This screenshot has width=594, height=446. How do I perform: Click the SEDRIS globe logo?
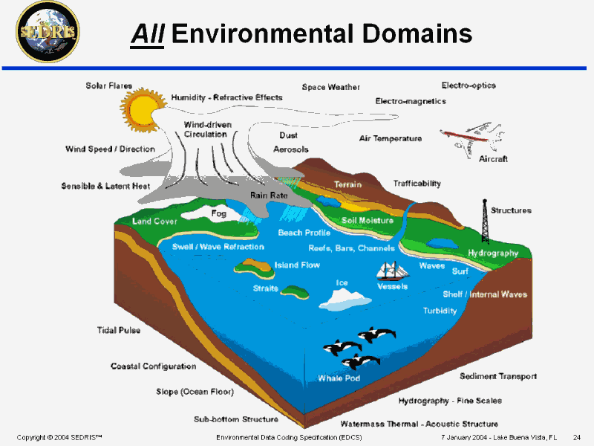[x=48, y=32]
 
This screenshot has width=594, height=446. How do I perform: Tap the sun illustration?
[x=143, y=109]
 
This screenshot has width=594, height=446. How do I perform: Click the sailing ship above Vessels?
[x=393, y=271]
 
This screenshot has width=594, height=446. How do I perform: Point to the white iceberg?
[x=345, y=300]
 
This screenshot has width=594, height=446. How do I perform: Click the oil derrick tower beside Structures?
[x=485, y=221]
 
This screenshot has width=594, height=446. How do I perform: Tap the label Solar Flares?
[x=109, y=85]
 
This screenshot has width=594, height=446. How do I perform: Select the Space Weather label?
[x=330, y=87]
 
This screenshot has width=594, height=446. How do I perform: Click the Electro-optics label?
[x=469, y=85]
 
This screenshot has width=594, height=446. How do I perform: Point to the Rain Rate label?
[x=269, y=195]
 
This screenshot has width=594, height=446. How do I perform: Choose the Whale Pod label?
[x=339, y=378]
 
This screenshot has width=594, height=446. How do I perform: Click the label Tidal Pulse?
[x=119, y=330]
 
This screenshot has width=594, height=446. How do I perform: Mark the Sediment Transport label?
[x=498, y=376]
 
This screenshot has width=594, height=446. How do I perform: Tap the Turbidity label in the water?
[x=440, y=311]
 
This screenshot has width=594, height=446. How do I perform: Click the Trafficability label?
[x=417, y=184]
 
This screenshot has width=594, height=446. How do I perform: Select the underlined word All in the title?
[x=147, y=34]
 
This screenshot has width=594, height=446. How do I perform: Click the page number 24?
[x=577, y=437]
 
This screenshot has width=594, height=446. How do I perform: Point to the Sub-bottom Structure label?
[x=236, y=419]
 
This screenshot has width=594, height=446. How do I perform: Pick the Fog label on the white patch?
[x=218, y=213]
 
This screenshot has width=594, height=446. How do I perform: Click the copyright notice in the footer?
[x=59, y=437]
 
